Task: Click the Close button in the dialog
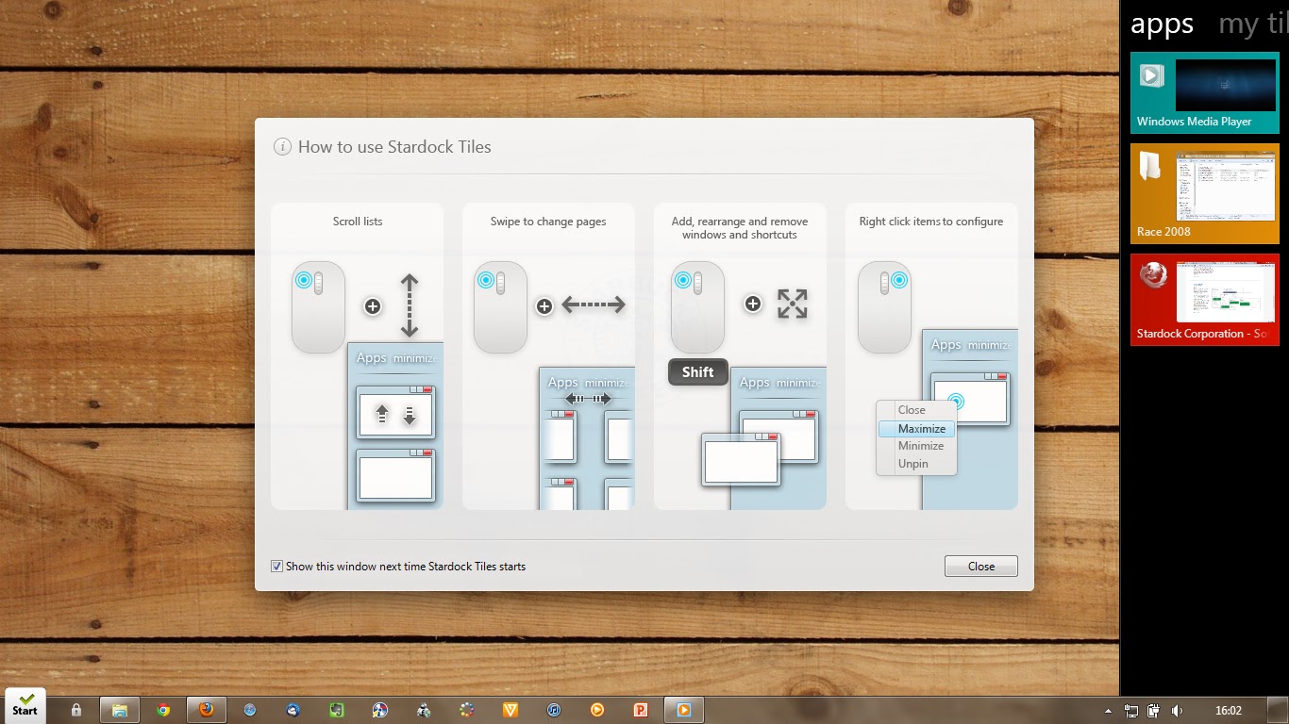coord(980,567)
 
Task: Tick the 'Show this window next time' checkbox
coord(276,567)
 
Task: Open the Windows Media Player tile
coord(1204,91)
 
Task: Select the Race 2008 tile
coord(1204,193)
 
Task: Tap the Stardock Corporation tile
coord(1204,299)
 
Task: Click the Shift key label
coord(697,372)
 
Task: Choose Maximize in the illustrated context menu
coord(921,429)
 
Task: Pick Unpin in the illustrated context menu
coord(912,464)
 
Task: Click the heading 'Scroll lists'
coord(358,222)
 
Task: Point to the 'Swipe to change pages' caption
coord(548,222)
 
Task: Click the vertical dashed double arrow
coord(409,305)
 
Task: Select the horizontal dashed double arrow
coord(594,304)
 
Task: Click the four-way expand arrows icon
coord(792,304)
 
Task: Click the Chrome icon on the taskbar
coord(163,710)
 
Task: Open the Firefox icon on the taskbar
coord(206,710)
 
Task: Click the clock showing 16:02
coord(1228,711)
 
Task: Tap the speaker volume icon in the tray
coord(1177,711)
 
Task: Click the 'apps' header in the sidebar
coord(1162,24)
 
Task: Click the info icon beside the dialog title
coord(281,146)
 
